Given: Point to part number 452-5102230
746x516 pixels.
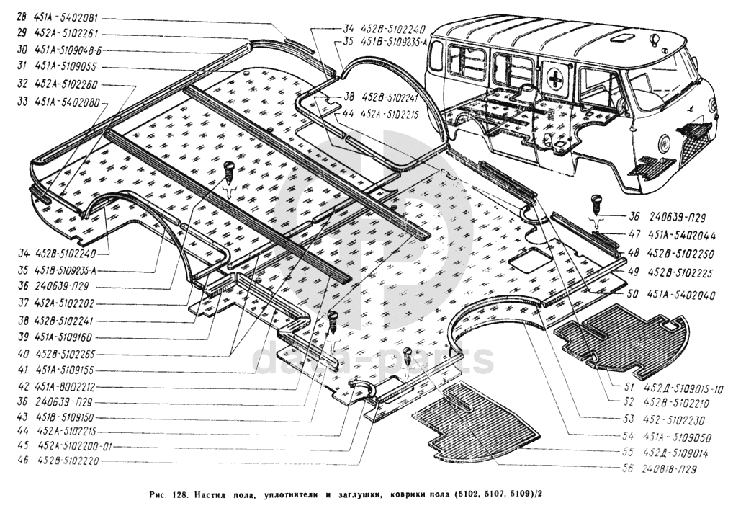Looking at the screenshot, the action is [674, 417].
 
